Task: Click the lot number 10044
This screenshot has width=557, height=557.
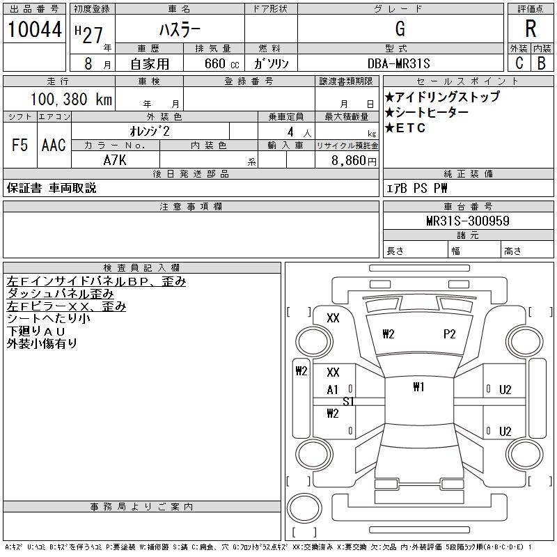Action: [34, 30]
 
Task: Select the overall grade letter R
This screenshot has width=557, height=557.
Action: [531, 30]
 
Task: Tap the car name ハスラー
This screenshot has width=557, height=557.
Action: [179, 30]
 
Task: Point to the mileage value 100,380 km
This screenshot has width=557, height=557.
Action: [70, 100]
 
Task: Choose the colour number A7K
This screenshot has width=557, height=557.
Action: [116, 159]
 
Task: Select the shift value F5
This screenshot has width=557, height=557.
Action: [20, 146]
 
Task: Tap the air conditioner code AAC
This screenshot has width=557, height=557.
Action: [54, 146]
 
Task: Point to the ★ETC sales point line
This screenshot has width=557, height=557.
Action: [405, 128]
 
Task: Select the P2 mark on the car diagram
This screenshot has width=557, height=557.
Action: [449, 334]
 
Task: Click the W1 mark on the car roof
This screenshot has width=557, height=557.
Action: [418, 387]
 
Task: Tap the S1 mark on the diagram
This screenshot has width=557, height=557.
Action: [349, 402]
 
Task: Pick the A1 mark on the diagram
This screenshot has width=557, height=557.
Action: [333, 391]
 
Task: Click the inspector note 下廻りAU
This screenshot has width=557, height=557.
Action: [36, 331]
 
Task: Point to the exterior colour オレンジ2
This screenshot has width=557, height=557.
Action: [150, 131]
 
